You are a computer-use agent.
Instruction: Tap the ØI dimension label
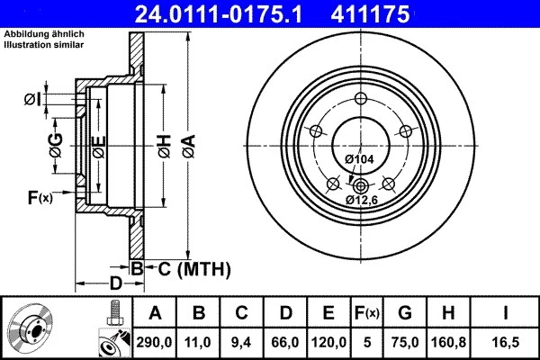coord(33,99)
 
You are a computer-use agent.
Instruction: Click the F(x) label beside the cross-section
coord(40,197)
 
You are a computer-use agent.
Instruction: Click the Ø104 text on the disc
coord(359,159)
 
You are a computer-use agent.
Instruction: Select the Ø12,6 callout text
coord(360,199)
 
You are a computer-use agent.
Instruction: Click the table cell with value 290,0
coord(155,342)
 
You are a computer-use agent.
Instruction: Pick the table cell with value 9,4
coord(243,342)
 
